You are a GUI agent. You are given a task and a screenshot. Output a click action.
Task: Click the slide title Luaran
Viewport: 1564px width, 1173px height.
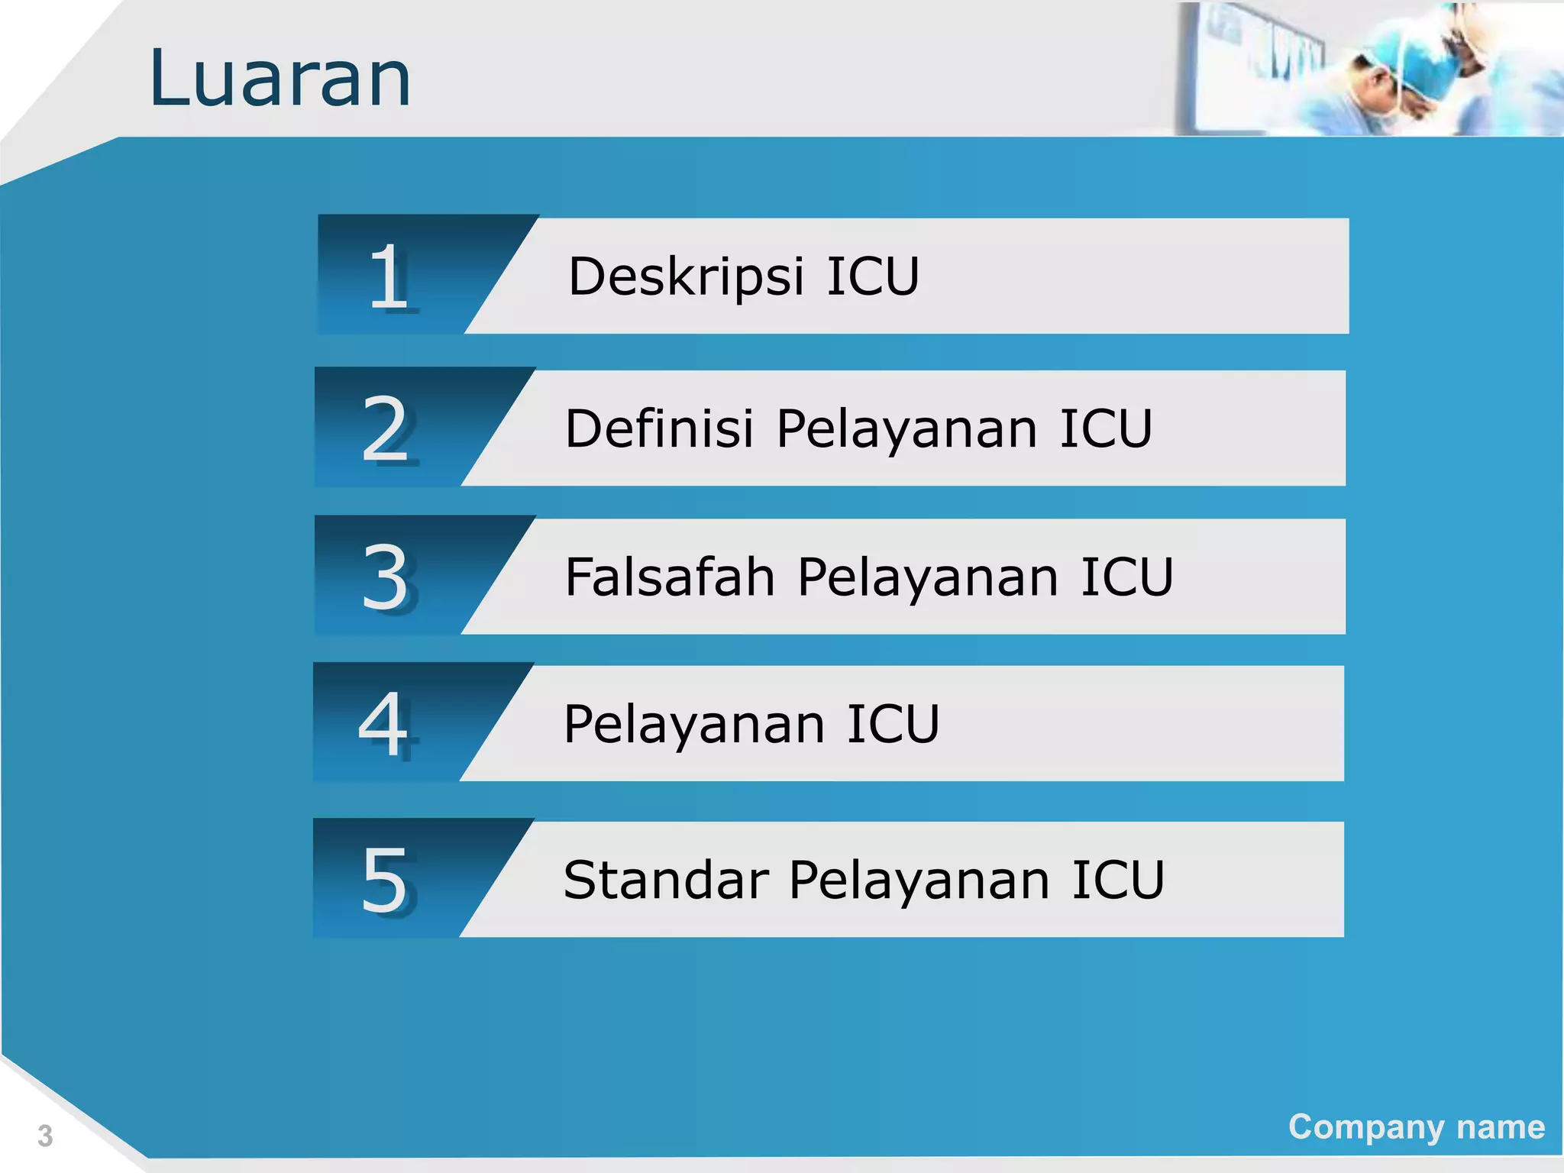pos(280,79)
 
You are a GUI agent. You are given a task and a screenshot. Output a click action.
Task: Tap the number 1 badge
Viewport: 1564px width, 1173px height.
pos(389,276)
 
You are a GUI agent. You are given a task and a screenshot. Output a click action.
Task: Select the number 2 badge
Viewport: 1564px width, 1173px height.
pos(386,429)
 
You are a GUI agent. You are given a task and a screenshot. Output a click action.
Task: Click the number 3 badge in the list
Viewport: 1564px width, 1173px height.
pos(386,577)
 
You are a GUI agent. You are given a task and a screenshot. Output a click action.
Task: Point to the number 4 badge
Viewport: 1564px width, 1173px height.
pos(383,724)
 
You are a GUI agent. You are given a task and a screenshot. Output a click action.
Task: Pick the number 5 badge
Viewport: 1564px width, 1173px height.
pos(384,880)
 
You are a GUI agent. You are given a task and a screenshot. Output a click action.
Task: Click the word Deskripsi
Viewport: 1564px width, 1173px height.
pos(686,276)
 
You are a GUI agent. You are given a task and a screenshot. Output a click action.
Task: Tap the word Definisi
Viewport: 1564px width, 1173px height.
pos(659,428)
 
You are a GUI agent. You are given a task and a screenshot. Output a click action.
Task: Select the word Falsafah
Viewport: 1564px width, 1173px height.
pos(670,577)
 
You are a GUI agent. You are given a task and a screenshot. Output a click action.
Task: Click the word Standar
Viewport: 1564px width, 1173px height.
pos(665,880)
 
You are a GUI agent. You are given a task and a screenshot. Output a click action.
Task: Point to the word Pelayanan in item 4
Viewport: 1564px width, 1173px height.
pos(694,725)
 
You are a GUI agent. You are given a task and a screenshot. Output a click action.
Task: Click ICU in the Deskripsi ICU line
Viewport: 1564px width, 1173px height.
pos(873,276)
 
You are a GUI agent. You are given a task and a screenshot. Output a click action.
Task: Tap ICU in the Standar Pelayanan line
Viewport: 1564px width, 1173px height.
pos(1118,880)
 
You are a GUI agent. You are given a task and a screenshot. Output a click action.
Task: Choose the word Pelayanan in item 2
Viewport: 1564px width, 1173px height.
pos(906,429)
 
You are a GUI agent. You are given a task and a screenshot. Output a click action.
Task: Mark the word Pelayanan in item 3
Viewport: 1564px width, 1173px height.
pos(928,577)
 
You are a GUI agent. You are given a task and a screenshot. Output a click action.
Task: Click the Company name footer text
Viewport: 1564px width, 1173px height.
pos(1416,1127)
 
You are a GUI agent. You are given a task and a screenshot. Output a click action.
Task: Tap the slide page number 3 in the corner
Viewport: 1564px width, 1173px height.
pos(45,1136)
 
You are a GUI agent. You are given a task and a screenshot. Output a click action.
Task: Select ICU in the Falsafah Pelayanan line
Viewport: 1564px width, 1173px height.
pos(1126,577)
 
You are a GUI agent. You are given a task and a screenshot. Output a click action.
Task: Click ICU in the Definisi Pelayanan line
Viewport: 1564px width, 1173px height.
pos(1106,428)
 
